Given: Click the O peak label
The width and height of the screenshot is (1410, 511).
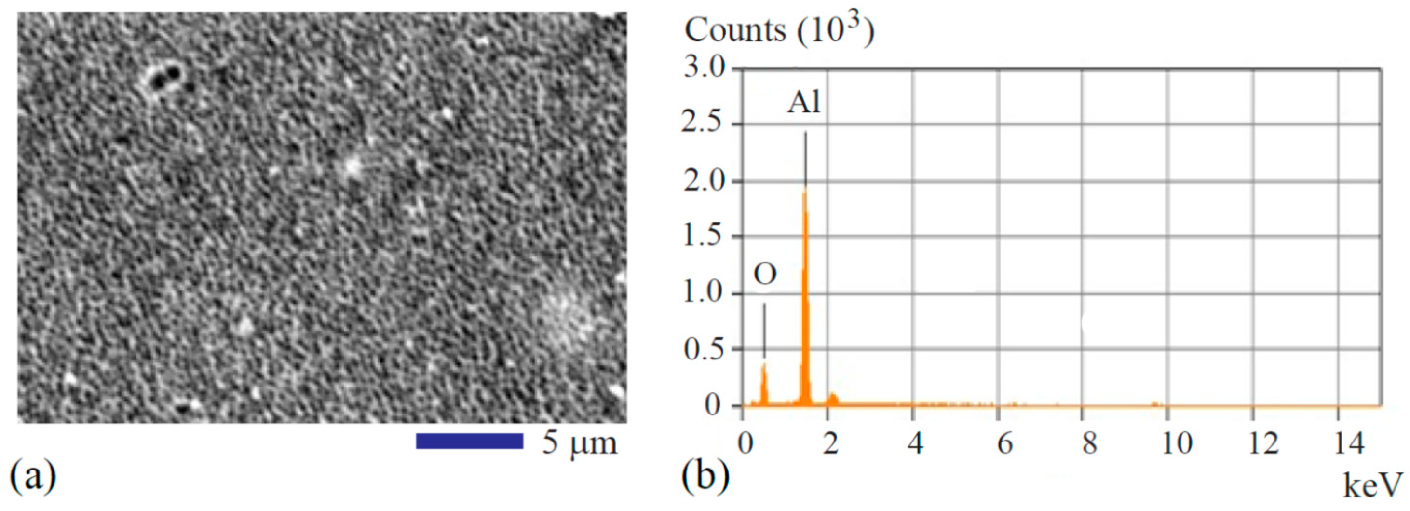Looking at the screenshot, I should pos(765,275).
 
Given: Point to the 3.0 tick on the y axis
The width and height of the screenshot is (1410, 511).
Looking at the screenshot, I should pos(704,69).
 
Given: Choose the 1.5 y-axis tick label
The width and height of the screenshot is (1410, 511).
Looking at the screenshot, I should pos(704,237).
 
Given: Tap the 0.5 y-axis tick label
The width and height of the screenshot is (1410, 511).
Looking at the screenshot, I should pos(704,349).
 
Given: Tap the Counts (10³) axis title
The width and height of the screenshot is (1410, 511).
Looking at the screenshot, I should pos(779,29).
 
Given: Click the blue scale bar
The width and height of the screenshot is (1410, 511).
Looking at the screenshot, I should pos(470,441).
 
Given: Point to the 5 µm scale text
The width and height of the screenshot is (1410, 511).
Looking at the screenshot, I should pos(579,442).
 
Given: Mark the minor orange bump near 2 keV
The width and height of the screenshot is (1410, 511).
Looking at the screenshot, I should pos(832,399).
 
